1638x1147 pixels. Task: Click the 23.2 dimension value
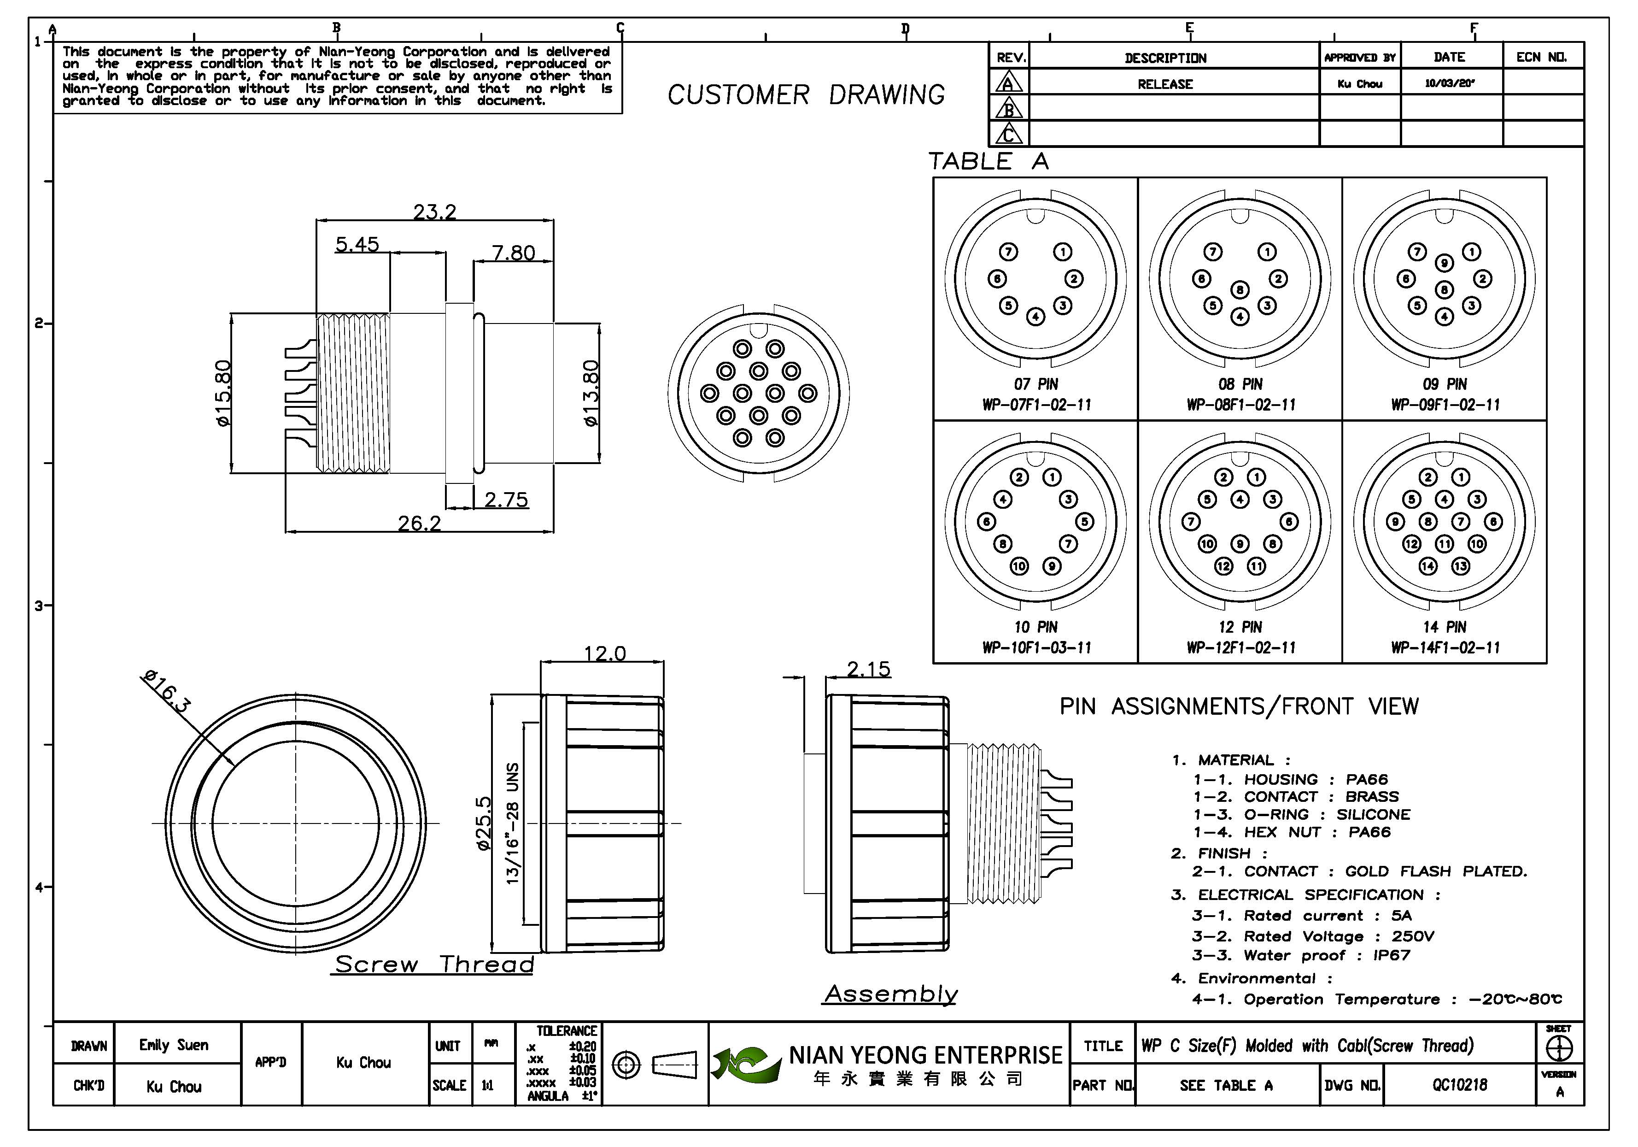click(434, 212)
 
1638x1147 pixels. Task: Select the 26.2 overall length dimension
click(420, 524)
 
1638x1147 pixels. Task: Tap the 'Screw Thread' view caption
click(434, 964)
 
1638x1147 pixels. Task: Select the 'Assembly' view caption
click(891, 994)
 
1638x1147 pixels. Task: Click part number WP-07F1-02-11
click(1036, 405)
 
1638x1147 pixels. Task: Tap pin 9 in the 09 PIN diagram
click(1445, 263)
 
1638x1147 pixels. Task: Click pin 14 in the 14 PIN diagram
click(1427, 566)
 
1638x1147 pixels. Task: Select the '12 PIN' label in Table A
click(1240, 627)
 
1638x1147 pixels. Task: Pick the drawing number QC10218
click(1460, 1085)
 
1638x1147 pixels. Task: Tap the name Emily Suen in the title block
click(173, 1045)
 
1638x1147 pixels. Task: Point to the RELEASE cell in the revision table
click(1165, 84)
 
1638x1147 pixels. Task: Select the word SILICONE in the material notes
click(1373, 814)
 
